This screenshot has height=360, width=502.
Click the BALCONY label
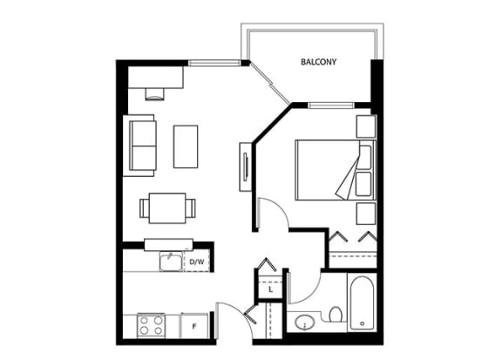pos(319,62)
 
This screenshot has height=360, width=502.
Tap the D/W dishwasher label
pos(197,262)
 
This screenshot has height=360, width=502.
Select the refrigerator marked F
pos(194,325)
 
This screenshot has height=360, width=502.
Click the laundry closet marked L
pos(270,290)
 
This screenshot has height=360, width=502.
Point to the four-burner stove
pos(151,325)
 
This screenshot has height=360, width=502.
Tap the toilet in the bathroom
pos(336,315)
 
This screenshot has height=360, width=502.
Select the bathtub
pos(362,303)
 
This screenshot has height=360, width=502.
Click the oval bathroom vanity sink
pos(304,323)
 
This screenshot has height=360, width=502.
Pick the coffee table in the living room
pos(186,146)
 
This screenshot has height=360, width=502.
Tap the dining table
pos(167,208)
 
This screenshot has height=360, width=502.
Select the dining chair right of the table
pos(191,208)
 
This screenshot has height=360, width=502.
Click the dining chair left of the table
pos(144,208)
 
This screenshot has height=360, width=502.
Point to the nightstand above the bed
pos(366,126)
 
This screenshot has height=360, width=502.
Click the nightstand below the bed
pos(366,214)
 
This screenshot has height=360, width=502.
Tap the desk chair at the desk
pos(155,94)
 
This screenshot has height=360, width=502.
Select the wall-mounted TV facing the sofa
pos(246,166)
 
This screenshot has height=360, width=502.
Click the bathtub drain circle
pos(362,323)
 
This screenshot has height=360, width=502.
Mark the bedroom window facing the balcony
pos(331,105)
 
